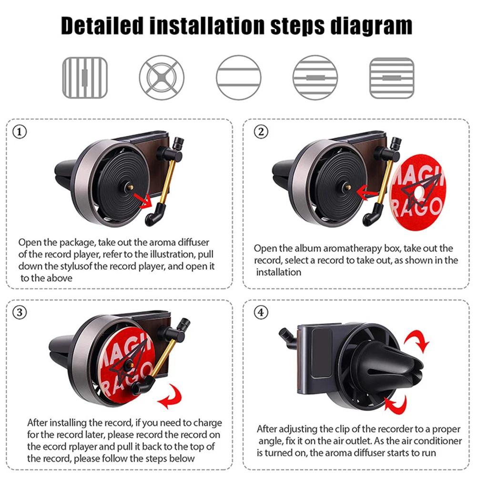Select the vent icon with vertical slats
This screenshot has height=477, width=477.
(85, 78)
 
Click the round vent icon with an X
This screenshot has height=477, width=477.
(162, 78)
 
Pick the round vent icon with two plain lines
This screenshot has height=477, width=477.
(239, 78)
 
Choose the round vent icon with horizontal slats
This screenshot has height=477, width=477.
(315, 78)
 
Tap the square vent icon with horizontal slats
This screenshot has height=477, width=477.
(392, 78)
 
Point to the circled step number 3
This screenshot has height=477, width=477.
(19, 313)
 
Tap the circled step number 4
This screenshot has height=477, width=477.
(259, 313)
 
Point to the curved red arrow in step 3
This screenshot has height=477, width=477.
(172, 397)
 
